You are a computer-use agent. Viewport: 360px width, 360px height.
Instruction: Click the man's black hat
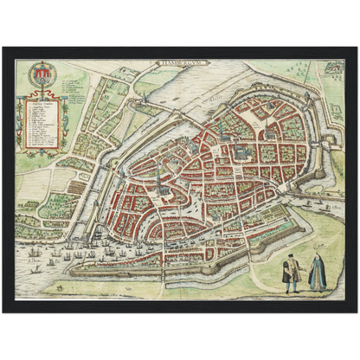pyautogui.click(x=292, y=258)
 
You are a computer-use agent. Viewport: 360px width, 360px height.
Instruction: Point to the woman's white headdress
pyautogui.click(x=318, y=259)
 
